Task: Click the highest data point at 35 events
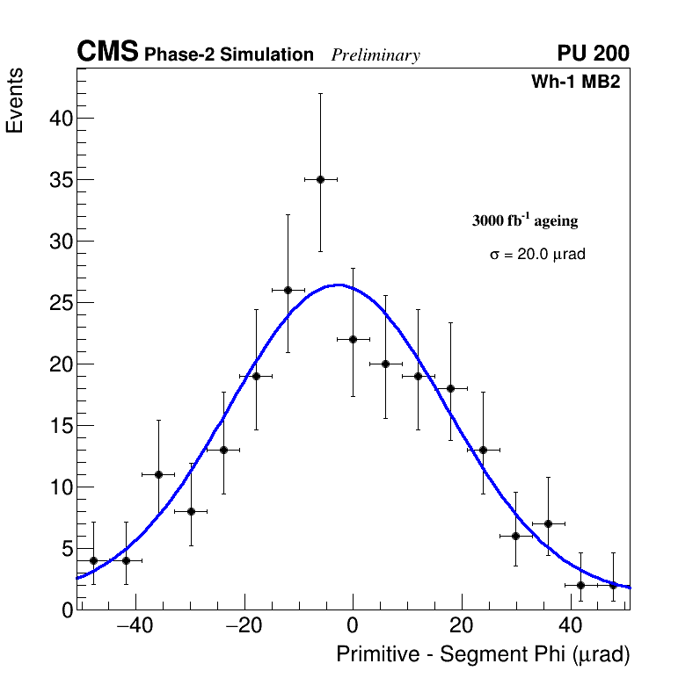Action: coord(320,179)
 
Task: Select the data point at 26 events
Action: coord(288,290)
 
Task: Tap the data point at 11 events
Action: coord(158,474)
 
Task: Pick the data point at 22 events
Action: coord(353,339)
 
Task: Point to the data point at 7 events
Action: coord(548,523)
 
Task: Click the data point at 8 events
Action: coord(191,511)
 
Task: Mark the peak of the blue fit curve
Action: coord(339,285)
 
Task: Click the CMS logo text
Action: coord(107,53)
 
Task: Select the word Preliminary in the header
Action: coord(376,55)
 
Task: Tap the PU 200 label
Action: coord(593,54)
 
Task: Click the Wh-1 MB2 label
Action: coord(576,83)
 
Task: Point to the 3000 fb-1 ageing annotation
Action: coord(525,220)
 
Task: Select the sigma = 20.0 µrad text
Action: coord(537,254)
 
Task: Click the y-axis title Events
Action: coord(15,100)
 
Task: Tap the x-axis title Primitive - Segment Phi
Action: coord(483,654)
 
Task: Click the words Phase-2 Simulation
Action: coord(229,55)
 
